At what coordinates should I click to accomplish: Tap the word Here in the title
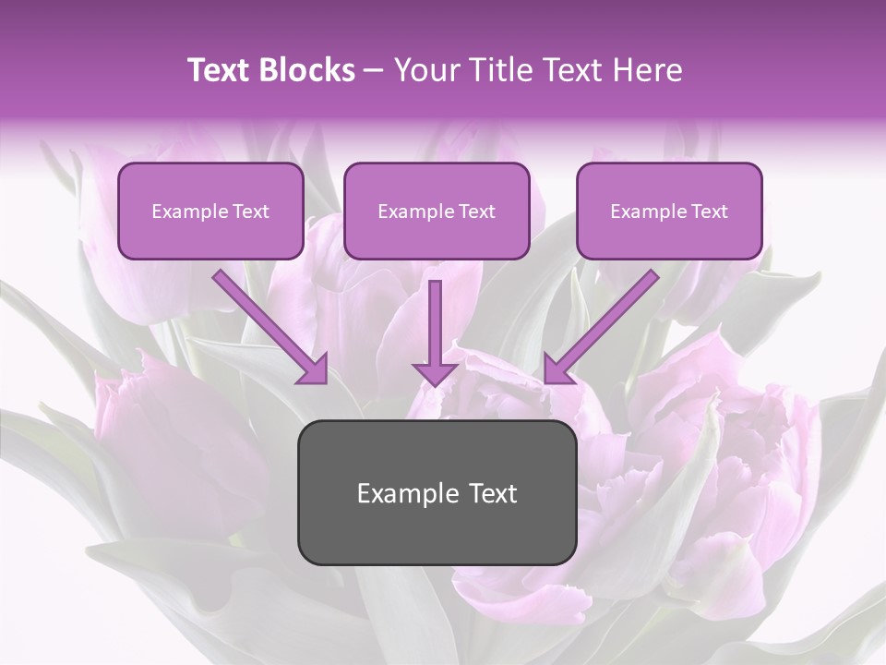point(648,70)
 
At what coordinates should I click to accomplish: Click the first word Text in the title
point(222,70)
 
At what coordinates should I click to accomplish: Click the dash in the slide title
point(375,71)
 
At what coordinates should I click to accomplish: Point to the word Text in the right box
point(710,212)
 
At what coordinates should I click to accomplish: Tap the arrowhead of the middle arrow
point(436,372)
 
